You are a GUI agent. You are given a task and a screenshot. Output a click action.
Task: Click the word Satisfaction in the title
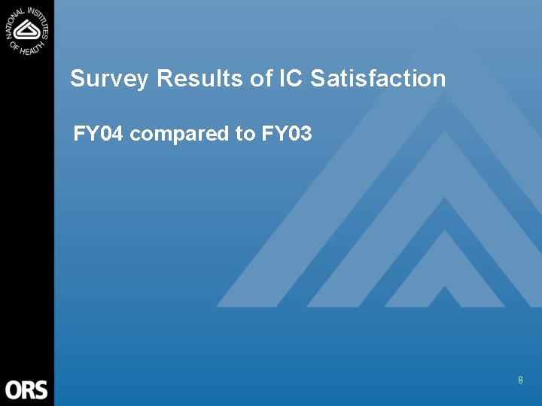pos(378,79)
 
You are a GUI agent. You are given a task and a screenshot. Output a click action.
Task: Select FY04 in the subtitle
pos(99,135)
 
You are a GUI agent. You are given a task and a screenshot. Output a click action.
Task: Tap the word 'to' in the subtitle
pos(245,135)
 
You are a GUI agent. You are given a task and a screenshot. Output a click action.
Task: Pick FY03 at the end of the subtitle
pos(287,135)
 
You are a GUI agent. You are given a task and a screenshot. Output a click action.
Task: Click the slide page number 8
pos(520,381)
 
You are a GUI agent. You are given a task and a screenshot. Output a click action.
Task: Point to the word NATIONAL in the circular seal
pos(15,21)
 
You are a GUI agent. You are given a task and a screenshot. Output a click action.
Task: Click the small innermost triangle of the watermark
pos(444,296)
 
